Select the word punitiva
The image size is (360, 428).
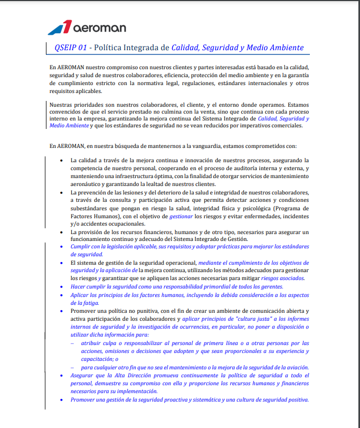(x=142, y=311)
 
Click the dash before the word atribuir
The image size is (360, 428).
(x=73, y=343)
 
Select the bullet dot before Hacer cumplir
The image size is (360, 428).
(x=63, y=287)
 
